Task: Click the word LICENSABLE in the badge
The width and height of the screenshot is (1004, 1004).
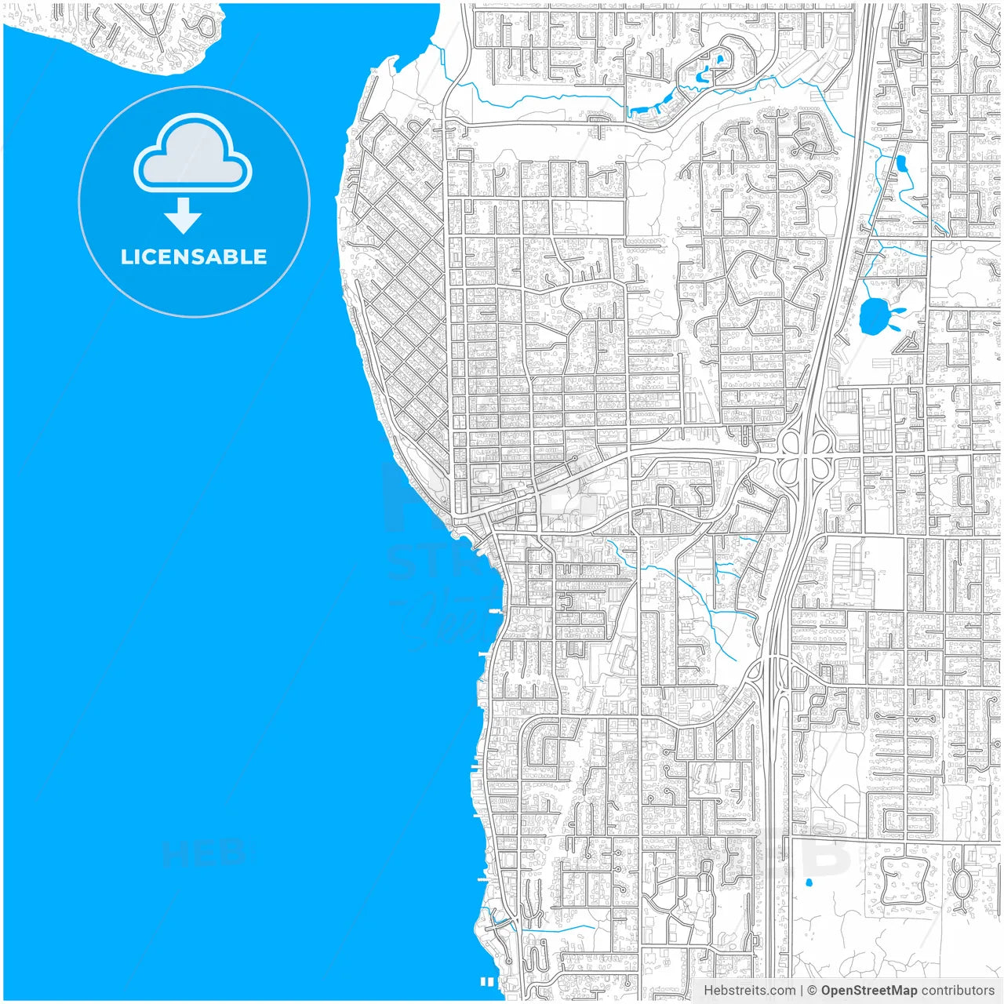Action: (x=194, y=256)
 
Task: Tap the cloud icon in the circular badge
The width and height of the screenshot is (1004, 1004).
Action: (x=193, y=155)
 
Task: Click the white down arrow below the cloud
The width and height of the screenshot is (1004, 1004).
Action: (x=184, y=216)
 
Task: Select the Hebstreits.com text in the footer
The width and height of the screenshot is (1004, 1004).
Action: (x=750, y=991)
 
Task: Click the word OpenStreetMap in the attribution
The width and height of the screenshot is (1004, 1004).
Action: (x=869, y=991)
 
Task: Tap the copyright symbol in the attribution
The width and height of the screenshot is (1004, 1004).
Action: (x=813, y=991)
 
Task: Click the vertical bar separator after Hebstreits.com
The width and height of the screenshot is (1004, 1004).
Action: (x=802, y=991)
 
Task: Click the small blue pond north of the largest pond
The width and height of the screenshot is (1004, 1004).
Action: (x=901, y=164)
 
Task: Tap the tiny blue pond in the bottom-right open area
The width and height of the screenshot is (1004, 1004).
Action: (x=809, y=883)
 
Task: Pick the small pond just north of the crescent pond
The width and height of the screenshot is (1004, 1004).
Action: (x=719, y=60)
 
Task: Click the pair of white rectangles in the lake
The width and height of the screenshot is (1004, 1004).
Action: (x=486, y=981)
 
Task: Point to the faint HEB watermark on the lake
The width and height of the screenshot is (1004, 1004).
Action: (x=206, y=853)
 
